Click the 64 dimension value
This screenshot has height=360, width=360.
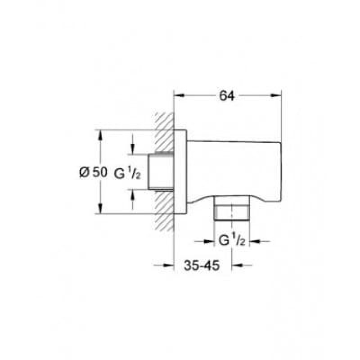coord(227,96)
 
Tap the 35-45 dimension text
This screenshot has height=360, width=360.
coord(202,265)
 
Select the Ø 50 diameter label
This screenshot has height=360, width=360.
coord(93,172)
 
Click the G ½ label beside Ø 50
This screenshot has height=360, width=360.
coord(127,173)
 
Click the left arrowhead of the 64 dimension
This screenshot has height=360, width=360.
coord(180,95)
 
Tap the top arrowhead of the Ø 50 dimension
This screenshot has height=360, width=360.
coord(100,135)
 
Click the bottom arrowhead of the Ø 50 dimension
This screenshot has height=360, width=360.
coord(100,209)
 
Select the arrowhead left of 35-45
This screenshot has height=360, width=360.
coord(168,265)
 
